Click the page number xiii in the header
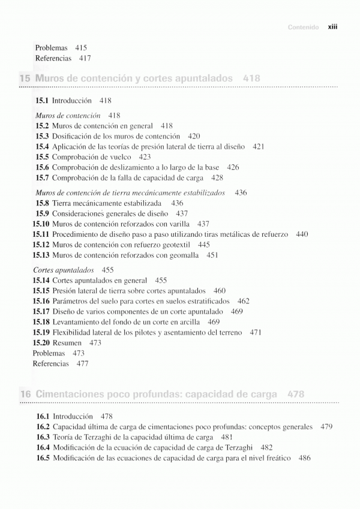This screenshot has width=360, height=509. [x=332, y=27]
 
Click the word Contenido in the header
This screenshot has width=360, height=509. [x=304, y=27]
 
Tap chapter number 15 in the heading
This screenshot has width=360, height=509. [x=25, y=78]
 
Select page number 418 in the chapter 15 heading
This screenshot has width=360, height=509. [x=252, y=78]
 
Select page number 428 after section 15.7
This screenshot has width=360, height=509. [x=217, y=178]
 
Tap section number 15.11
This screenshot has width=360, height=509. [x=41, y=234]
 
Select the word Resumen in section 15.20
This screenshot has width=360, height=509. [x=67, y=343]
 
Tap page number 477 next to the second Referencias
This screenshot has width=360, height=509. [x=82, y=363]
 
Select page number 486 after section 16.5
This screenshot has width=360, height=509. [x=304, y=458]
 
